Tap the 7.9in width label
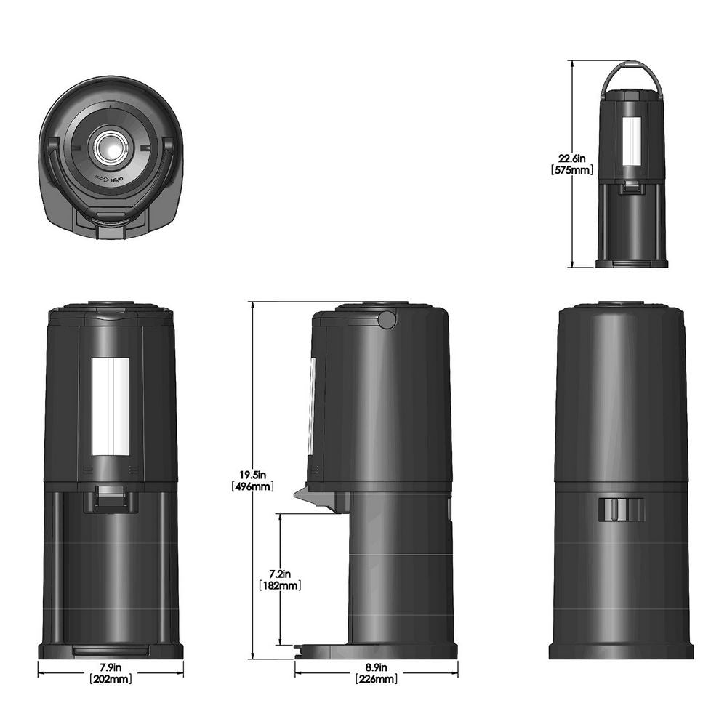[111, 667]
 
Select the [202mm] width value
[111, 679]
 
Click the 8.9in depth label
[376, 667]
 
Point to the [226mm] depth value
[376, 679]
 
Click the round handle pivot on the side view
[388, 318]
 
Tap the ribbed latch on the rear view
[622, 510]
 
